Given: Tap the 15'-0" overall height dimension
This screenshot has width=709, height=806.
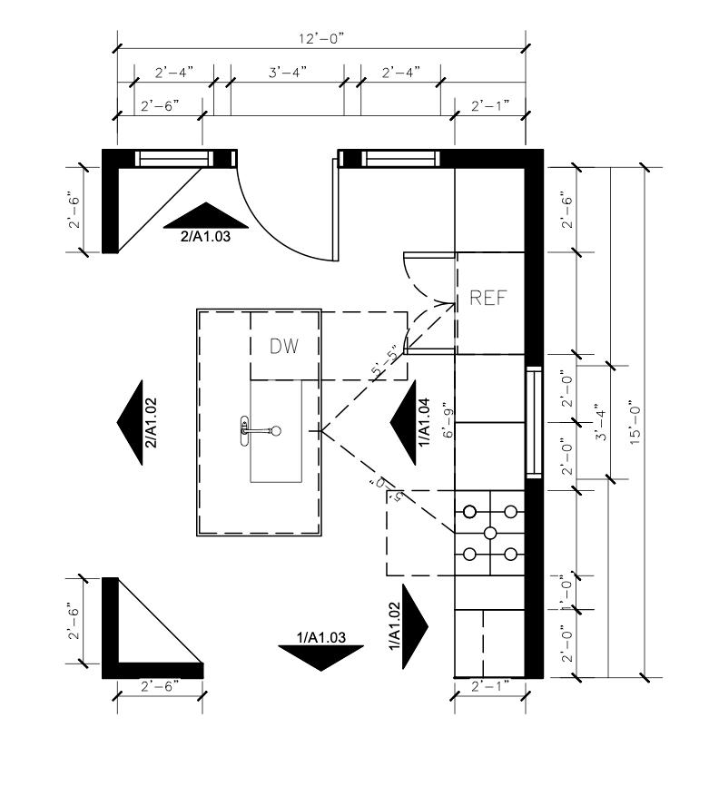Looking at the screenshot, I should pos(635,421).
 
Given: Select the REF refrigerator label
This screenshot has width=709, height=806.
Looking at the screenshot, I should pos(487,298).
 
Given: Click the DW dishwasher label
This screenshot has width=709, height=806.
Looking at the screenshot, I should pos(284,346).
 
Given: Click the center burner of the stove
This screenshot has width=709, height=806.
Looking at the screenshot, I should pos(490,532).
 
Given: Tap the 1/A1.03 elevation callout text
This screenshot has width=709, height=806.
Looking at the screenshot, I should pos(320,638).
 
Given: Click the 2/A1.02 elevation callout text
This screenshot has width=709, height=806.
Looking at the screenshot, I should pos(152,423).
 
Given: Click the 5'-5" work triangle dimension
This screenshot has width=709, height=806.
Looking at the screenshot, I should pos(387,360).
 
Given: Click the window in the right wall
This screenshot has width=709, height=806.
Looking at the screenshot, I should pos(534,422).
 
